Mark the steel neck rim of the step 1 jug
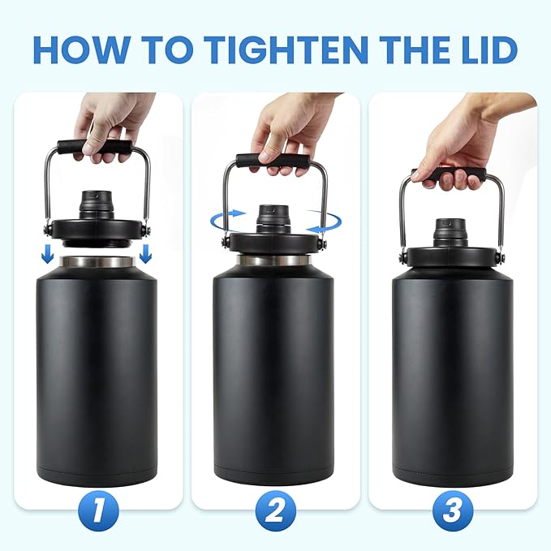coord(97,262)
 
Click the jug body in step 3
coord(451,373)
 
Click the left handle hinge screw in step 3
coord(402,258)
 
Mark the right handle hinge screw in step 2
coord(324,243)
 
